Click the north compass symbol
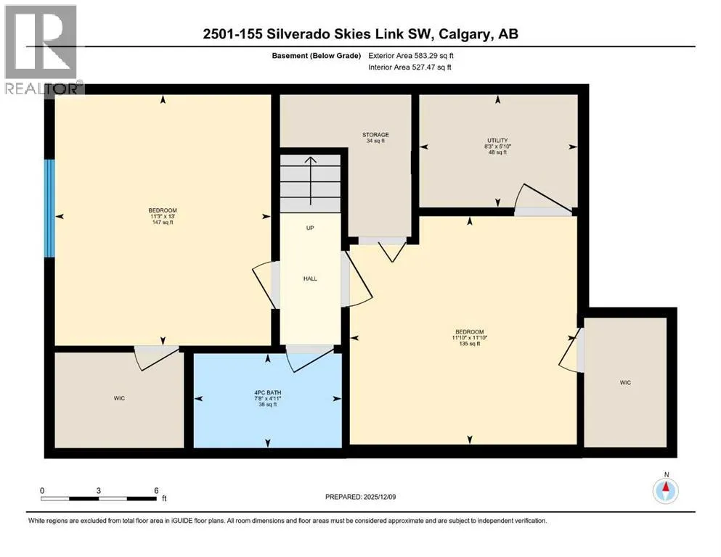pos(665,490)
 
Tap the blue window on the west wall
pos(49,208)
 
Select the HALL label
pos(310,278)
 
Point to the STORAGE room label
pos(375,135)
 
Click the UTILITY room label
pos(497,141)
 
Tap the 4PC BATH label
pos(268,392)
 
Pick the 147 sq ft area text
pos(163,222)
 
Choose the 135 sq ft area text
pos(470,344)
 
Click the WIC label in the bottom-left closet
pos(119,398)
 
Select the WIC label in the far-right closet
pos(625,382)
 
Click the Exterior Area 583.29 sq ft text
pos(411,56)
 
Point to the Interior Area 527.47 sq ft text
pos(410,67)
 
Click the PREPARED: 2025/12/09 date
pos(360,497)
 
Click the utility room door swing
pos(542,199)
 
